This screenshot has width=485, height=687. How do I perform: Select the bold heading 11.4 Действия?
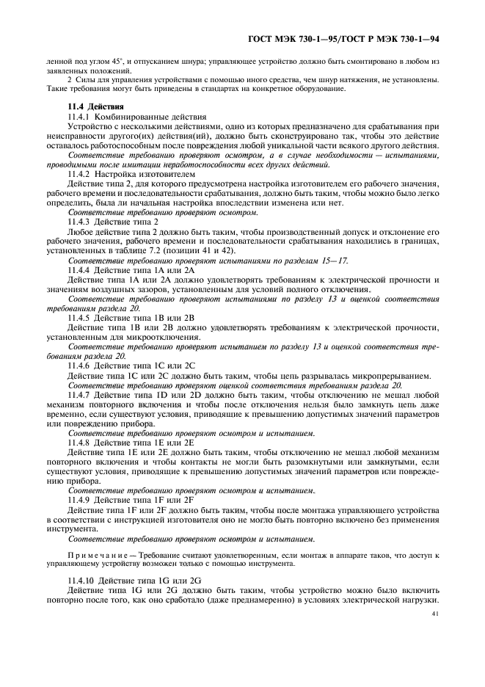click(x=89, y=106)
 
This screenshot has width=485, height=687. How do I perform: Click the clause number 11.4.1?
click(x=79, y=117)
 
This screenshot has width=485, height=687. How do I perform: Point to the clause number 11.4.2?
click(x=79, y=174)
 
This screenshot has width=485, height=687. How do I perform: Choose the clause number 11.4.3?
click(x=79, y=222)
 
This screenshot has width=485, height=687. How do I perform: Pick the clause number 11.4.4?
click(x=79, y=270)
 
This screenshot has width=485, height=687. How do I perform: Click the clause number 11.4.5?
click(x=79, y=318)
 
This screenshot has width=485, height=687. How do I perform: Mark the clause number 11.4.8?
click(x=79, y=443)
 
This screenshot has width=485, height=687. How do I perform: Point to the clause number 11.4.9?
click(x=79, y=500)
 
